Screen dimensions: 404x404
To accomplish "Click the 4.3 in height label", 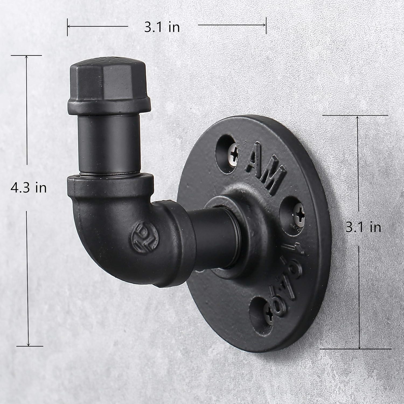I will coord(29,188).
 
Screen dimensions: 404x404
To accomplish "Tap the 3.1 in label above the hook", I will coord(162,27).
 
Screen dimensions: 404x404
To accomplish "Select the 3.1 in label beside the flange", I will coord(363,228).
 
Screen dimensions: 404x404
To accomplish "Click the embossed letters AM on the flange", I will coord(265,169).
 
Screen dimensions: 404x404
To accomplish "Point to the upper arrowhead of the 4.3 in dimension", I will coord(26,58).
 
